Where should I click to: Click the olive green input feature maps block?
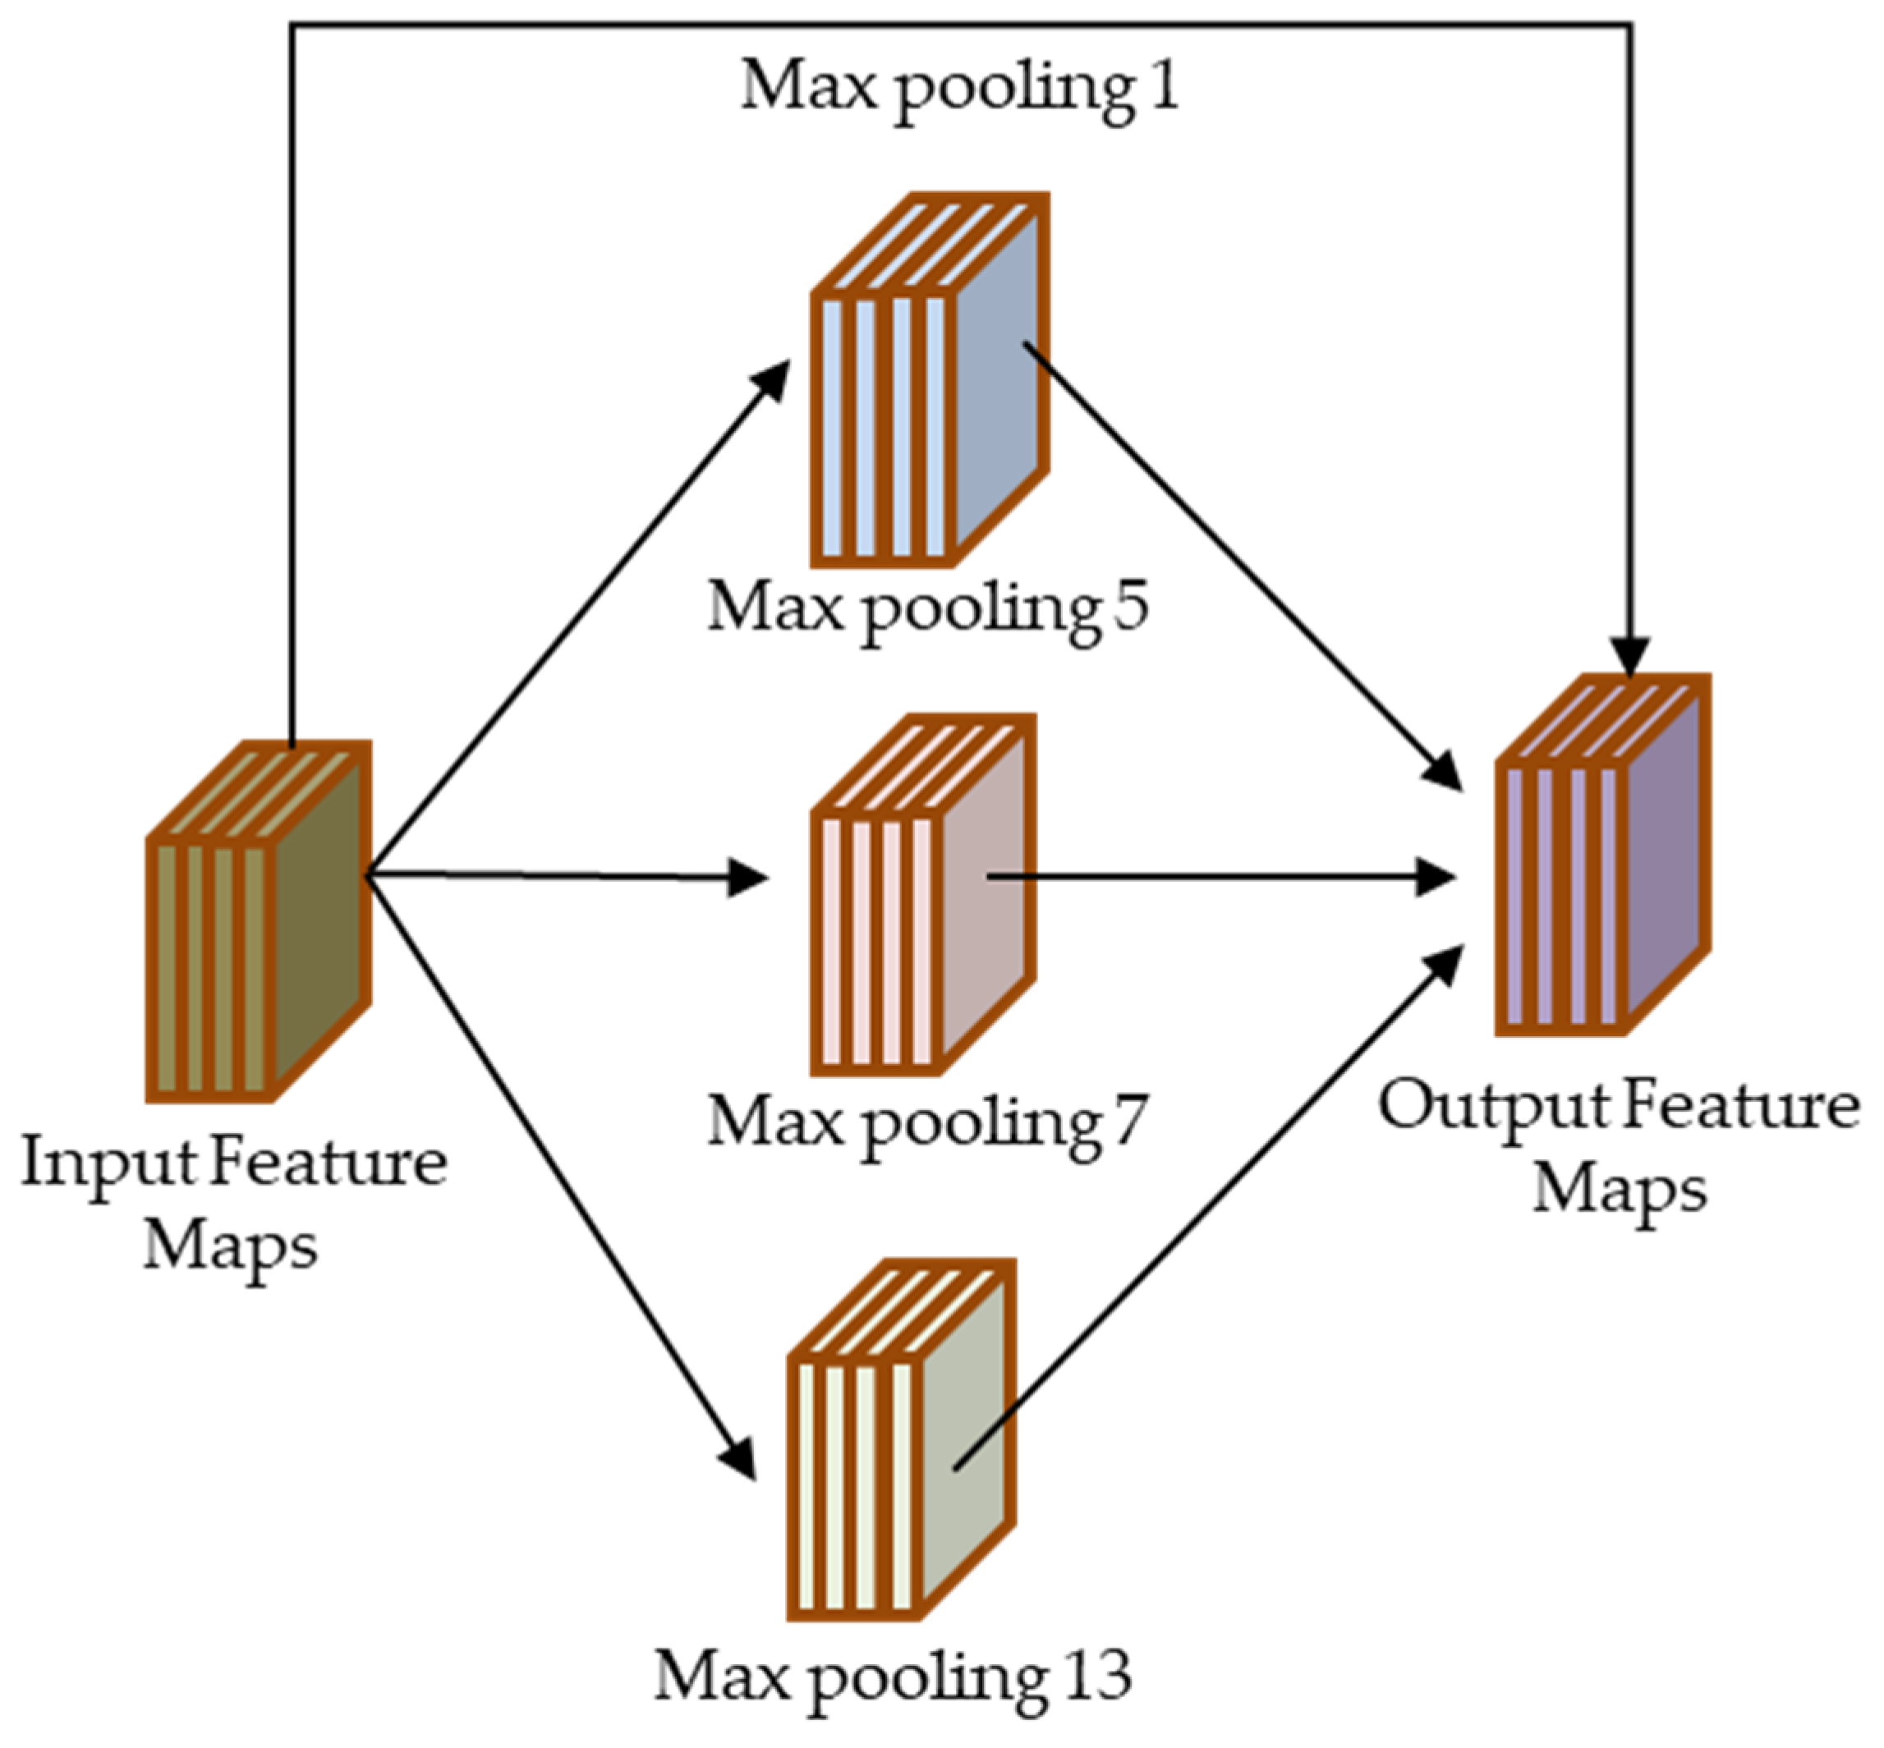257,922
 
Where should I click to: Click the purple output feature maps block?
1602,856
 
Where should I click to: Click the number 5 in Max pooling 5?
1129,606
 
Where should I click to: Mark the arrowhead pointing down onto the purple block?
1630,654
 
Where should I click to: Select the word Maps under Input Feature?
229,1246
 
